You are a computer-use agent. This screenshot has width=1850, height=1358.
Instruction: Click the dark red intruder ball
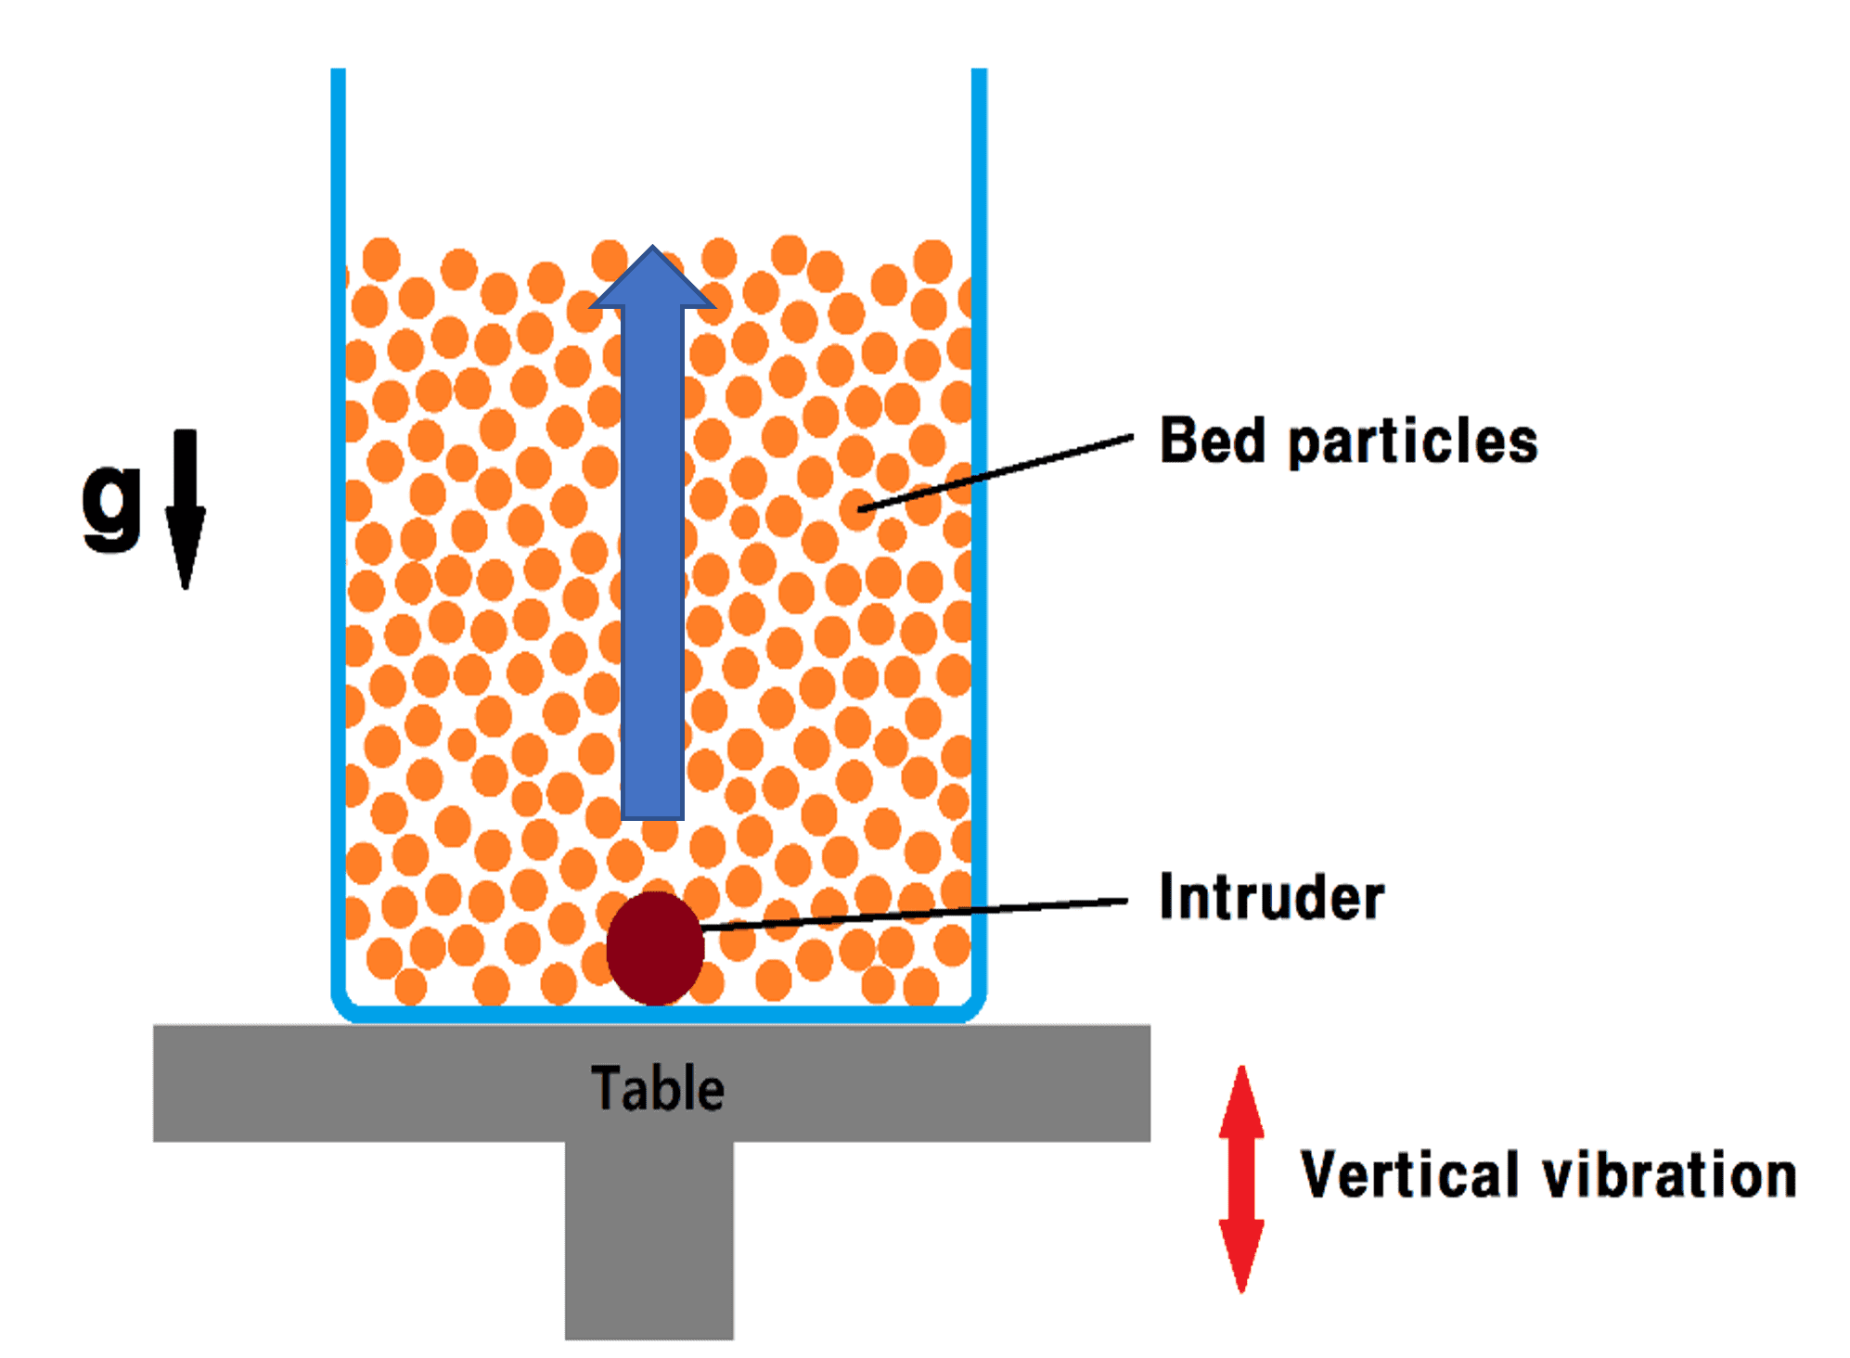655,948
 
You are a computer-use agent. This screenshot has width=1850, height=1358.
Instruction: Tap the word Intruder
1271,897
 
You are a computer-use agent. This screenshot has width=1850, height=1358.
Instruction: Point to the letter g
111,506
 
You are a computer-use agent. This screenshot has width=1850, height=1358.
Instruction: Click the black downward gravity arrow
186,508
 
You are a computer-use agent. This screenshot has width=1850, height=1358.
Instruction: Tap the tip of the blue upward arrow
653,246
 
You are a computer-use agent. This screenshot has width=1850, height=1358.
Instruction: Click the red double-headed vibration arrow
1241,1179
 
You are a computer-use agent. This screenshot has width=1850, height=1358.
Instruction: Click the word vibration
1669,1174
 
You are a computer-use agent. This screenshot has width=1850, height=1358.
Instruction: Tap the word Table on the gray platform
658,1088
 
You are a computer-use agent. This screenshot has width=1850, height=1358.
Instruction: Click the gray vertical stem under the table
649,1240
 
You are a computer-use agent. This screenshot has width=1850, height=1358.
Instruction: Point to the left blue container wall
339,538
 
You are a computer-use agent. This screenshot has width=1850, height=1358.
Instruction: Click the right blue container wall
979,538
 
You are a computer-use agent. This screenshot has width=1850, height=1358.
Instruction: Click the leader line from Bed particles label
996,472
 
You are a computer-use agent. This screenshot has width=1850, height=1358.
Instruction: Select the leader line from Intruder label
914,914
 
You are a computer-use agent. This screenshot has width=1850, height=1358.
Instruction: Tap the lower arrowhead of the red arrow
1241,1256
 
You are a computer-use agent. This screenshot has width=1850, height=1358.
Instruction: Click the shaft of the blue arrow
653,563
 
